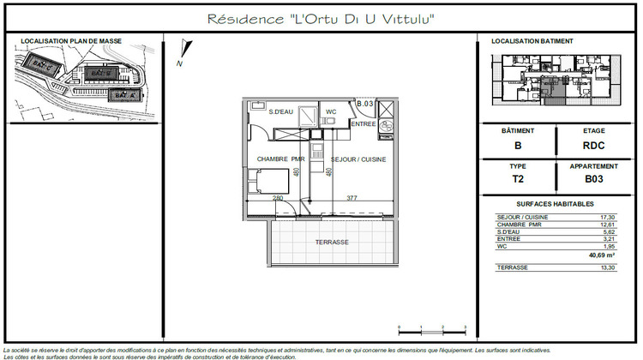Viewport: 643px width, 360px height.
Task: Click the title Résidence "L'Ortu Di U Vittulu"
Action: click(x=321, y=19)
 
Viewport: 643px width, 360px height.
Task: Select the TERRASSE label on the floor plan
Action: click(x=332, y=243)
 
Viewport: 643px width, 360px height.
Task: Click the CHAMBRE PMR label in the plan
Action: click(x=280, y=159)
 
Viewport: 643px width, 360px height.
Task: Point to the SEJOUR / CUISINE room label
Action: click(x=358, y=159)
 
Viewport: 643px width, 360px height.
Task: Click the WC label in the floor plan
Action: click(x=330, y=112)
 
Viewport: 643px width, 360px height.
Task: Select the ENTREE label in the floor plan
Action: click(x=364, y=124)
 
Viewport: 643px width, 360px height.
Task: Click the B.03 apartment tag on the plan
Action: click(x=365, y=104)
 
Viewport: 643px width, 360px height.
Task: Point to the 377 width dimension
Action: click(x=352, y=198)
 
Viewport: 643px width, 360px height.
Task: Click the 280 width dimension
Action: click(x=278, y=198)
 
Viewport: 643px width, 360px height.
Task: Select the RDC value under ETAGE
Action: click(x=593, y=146)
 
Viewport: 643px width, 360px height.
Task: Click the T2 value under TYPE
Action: click(x=518, y=180)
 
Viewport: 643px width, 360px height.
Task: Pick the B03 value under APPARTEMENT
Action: click(x=593, y=180)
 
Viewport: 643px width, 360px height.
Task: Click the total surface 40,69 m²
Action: click(x=602, y=255)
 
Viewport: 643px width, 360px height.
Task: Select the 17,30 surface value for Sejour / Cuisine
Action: click(x=607, y=218)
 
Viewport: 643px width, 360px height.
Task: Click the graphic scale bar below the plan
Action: click(x=431, y=328)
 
